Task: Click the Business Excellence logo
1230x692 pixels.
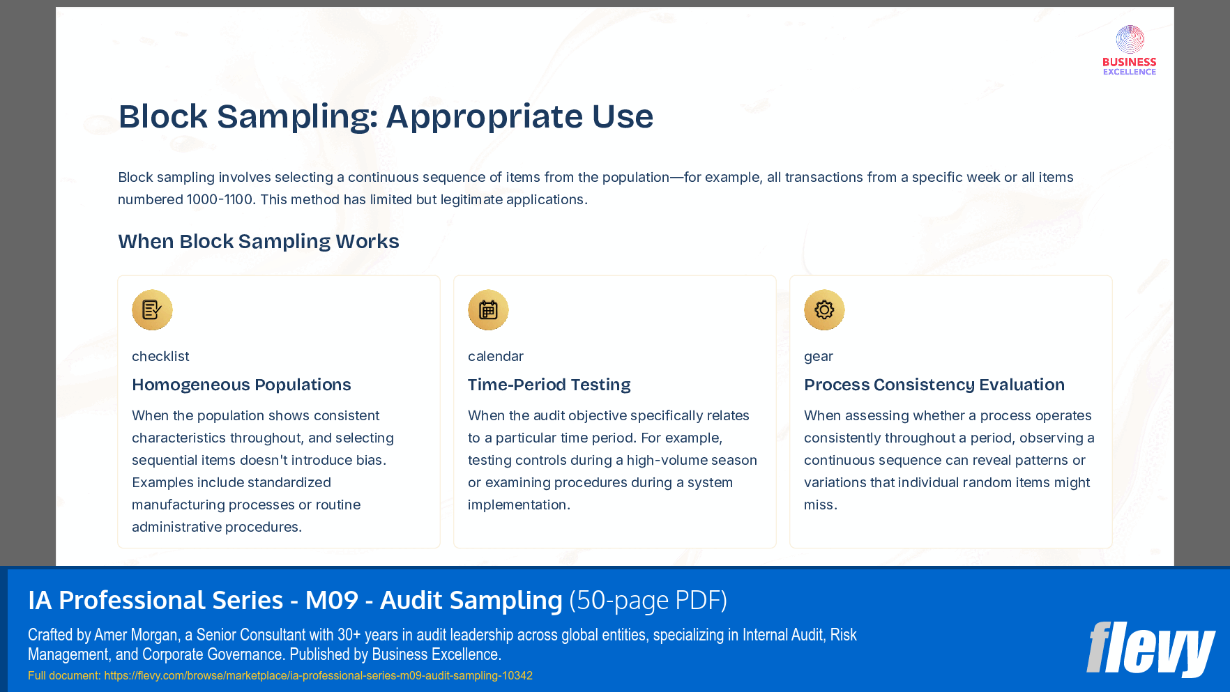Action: [1129, 50]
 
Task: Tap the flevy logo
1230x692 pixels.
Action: [1151, 649]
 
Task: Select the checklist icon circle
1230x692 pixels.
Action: [152, 309]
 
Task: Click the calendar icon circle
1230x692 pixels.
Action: [488, 309]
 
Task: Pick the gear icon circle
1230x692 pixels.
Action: [824, 309]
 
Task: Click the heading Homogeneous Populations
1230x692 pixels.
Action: [241, 385]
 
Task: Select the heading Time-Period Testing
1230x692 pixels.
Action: [549, 385]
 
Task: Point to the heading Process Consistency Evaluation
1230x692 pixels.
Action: [934, 385]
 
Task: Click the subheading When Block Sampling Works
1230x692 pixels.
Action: [259, 241]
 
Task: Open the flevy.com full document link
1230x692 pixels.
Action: [318, 675]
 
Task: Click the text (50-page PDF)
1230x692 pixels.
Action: [648, 600]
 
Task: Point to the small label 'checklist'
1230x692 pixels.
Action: [160, 356]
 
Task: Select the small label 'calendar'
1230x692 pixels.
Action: [495, 356]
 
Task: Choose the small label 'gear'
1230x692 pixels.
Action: [818, 356]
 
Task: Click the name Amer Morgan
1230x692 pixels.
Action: [135, 635]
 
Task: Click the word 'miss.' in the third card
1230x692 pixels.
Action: [820, 505]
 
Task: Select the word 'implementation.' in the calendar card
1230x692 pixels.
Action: [519, 505]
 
